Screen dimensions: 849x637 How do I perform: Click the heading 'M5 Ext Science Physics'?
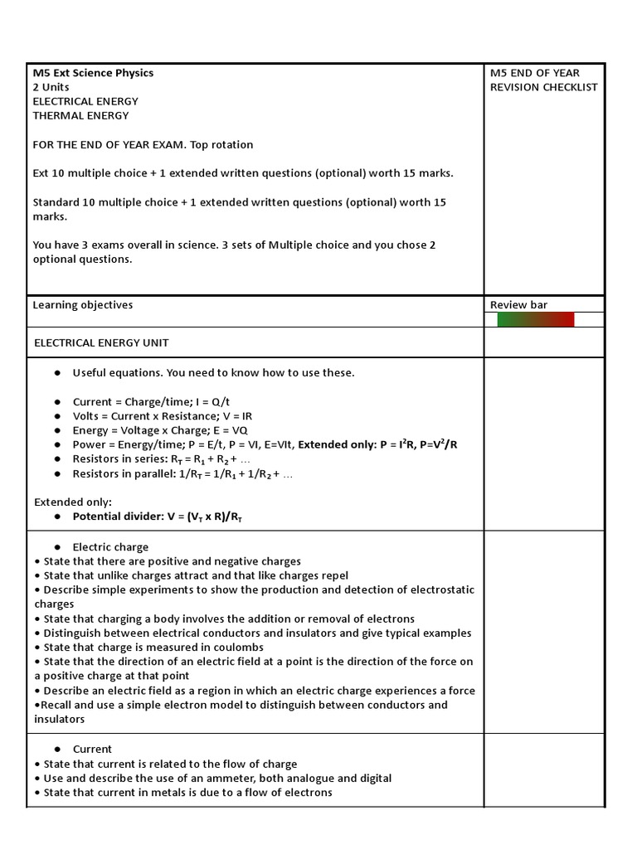pos(93,73)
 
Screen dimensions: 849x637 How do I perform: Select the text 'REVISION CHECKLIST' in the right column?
pos(543,87)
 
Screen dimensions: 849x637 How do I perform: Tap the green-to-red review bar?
pos(535,320)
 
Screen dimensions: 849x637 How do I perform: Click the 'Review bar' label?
pos(518,305)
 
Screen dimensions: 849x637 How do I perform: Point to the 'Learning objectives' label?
pos(82,305)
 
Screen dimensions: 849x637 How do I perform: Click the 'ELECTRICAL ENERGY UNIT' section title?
pos(101,343)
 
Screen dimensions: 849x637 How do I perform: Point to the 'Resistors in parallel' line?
pos(182,473)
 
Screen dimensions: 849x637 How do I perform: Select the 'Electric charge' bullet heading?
pos(110,547)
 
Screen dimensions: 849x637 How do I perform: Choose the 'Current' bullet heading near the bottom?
pos(92,749)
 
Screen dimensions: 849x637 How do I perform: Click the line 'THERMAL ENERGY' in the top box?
pos(80,116)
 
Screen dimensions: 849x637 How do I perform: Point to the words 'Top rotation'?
pos(221,145)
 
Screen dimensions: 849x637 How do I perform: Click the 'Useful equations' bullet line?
pos(213,373)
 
